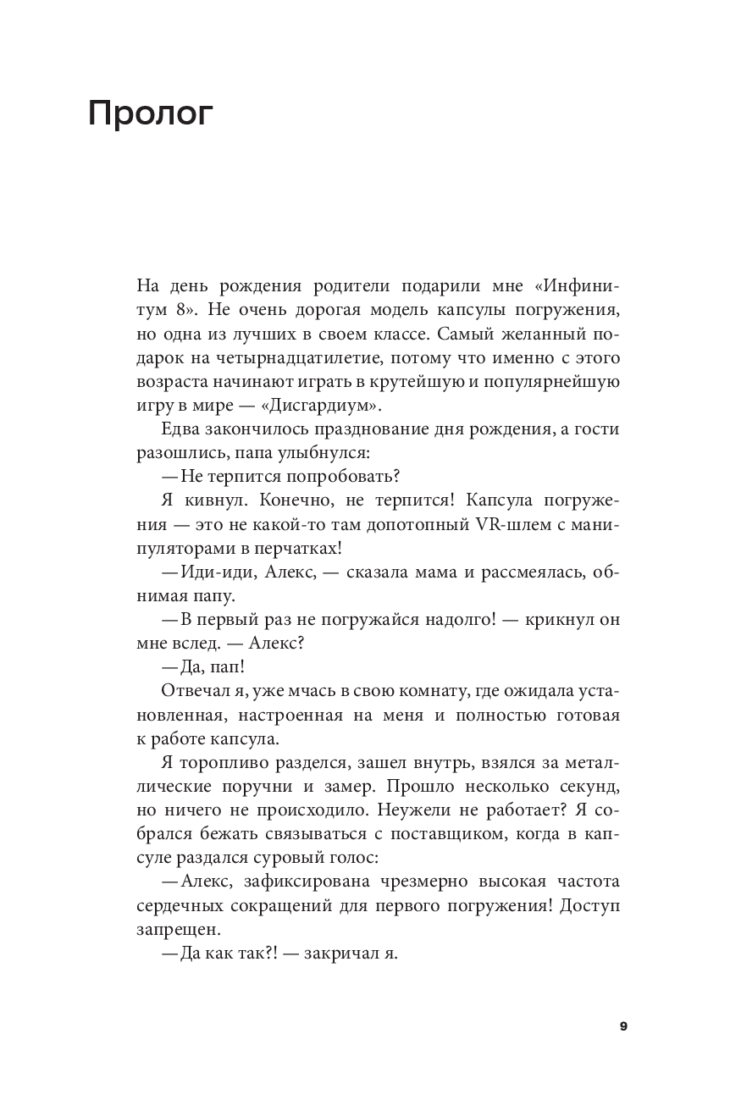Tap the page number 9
point(623,1026)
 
